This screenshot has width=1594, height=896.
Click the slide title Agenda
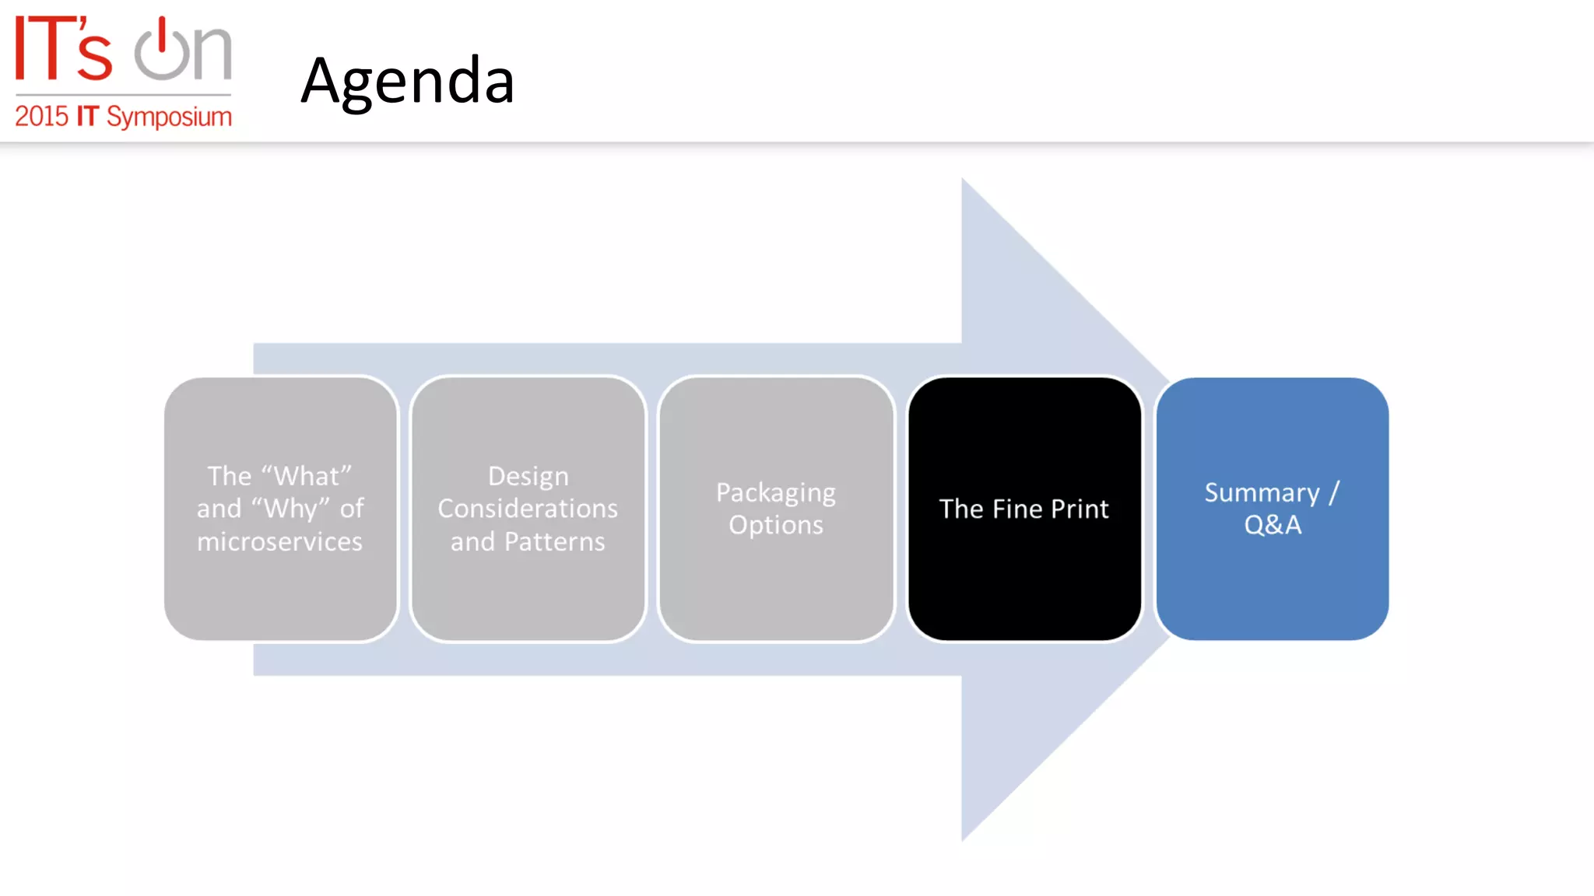tap(407, 81)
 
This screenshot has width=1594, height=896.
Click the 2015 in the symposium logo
tap(41, 117)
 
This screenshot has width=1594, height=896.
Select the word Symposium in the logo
tap(169, 117)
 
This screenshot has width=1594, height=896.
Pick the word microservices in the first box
tap(279, 541)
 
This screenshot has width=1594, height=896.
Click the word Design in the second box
tap(528, 476)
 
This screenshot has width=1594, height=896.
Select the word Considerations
tap(528, 509)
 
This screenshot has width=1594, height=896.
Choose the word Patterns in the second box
tap(554, 541)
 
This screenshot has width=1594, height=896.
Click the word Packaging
tap(776, 493)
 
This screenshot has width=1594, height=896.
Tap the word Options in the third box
tap(776, 525)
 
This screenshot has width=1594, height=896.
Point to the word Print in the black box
tap(1080, 509)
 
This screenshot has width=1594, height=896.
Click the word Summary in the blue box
tap(1262, 493)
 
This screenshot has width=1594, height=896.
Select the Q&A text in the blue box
tap(1273, 525)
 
